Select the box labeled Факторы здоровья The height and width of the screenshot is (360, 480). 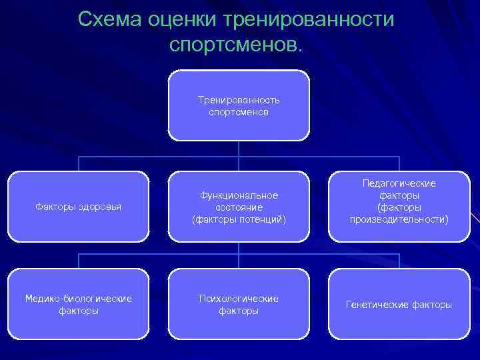[78, 206]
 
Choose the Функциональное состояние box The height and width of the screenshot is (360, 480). [239, 206]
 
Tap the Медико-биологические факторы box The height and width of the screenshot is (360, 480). [78, 304]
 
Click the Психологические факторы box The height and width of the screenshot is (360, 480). [239, 304]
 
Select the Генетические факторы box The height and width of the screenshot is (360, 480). [399, 304]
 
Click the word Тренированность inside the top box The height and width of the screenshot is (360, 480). [239, 100]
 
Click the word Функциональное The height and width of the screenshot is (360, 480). [239, 195]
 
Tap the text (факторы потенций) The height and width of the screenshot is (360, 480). [239, 219]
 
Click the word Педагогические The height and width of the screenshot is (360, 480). [399, 183]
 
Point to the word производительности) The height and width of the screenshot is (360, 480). [399, 219]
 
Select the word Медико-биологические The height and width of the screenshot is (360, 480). [78, 298]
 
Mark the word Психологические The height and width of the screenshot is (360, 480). [239, 298]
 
